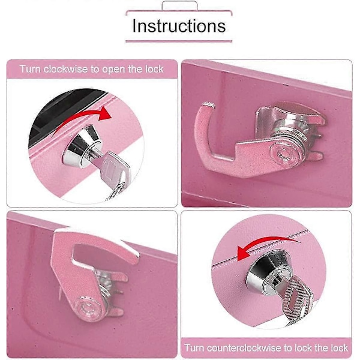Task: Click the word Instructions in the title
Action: click(179, 26)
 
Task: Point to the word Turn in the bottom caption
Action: click(194, 347)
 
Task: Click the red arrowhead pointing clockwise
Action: click(105, 113)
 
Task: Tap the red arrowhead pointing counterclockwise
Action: click(244, 253)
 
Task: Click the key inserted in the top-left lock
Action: click(112, 174)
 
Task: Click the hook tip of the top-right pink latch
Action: click(208, 106)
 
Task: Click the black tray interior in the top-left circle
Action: click(59, 110)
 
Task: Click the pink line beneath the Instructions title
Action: click(179, 41)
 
